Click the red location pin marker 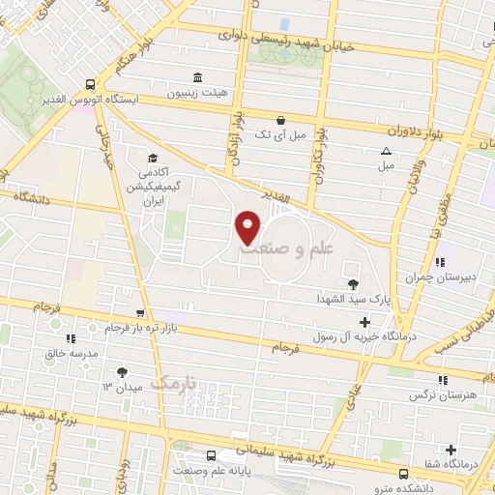point(248,227)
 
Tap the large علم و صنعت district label point(299,248)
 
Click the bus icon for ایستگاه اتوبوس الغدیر point(90,84)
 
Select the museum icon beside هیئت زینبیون point(198,77)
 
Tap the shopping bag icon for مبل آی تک point(280,121)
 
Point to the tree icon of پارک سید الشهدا point(351,284)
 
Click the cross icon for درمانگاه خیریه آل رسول point(364,322)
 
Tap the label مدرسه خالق point(70,354)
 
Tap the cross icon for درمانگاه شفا point(451,450)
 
